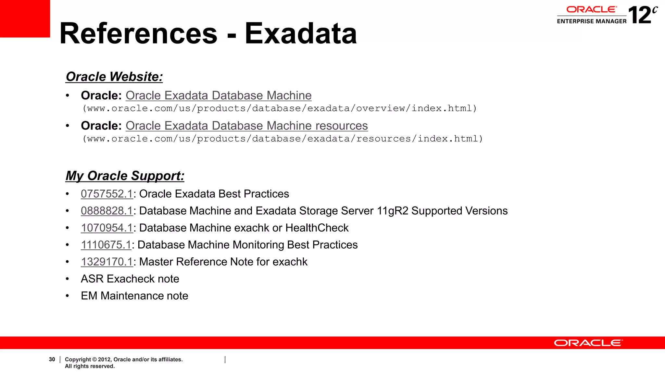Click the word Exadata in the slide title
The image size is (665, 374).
[x=300, y=33]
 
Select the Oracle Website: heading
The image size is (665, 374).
[x=114, y=77]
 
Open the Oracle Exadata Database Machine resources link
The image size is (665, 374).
[x=246, y=126]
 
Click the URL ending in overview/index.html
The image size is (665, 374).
[x=280, y=108]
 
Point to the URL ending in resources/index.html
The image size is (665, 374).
[x=282, y=139]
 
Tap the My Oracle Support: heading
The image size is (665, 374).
[x=125, y=176]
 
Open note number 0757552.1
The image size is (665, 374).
[x=107, y=194]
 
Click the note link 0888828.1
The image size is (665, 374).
[x=107, y=211]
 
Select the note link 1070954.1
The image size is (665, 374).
[x=107, y=228]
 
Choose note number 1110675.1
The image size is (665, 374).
[x=106, y=245]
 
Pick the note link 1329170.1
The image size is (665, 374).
[x=107, y=262]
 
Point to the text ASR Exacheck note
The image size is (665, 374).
[x=130, y=279]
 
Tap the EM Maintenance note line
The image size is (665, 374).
[x=134, y=296]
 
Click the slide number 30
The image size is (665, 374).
[x=52, y=359]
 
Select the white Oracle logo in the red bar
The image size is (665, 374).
[x=588, y=343]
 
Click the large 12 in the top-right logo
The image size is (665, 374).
[x=639, y=15]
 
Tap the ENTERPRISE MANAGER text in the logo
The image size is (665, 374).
[x=592, y=21]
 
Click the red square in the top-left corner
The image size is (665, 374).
[x=25, y=19]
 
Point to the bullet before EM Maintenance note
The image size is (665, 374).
[x=67, y=296]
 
